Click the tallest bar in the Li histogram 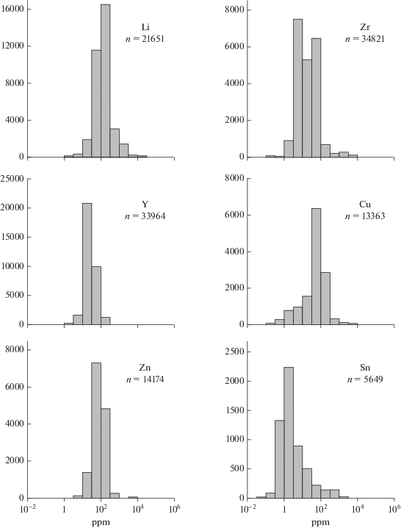105,81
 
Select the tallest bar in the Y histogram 87,264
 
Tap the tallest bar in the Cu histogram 316,267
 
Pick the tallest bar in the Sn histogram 289,432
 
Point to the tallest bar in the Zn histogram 96,430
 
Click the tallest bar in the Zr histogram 297,88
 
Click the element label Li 145,27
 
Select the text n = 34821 365,39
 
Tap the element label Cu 365,204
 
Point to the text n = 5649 365,379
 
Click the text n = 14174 145,379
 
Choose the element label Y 145,204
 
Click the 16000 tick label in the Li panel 12,9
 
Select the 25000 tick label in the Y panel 12,179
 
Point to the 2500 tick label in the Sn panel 234,352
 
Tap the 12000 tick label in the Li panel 12,46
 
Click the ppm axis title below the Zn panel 101,523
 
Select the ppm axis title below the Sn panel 320,523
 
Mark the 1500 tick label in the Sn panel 234,410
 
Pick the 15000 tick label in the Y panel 12,237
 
